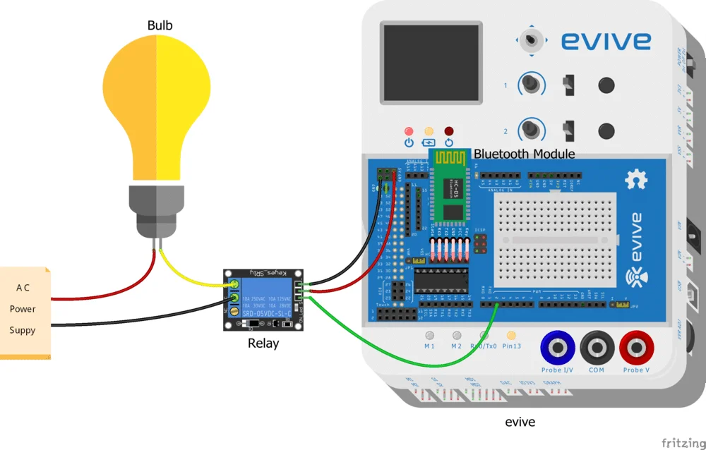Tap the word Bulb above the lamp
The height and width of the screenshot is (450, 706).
160,26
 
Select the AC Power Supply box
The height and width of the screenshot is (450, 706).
25,310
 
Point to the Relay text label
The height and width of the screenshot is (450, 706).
263,343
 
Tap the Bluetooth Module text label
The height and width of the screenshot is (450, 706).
524,154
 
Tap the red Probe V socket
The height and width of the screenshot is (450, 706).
637,348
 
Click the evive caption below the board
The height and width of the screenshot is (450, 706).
520,422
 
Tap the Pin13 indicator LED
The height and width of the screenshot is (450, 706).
511,336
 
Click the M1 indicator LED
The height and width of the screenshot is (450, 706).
429,336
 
